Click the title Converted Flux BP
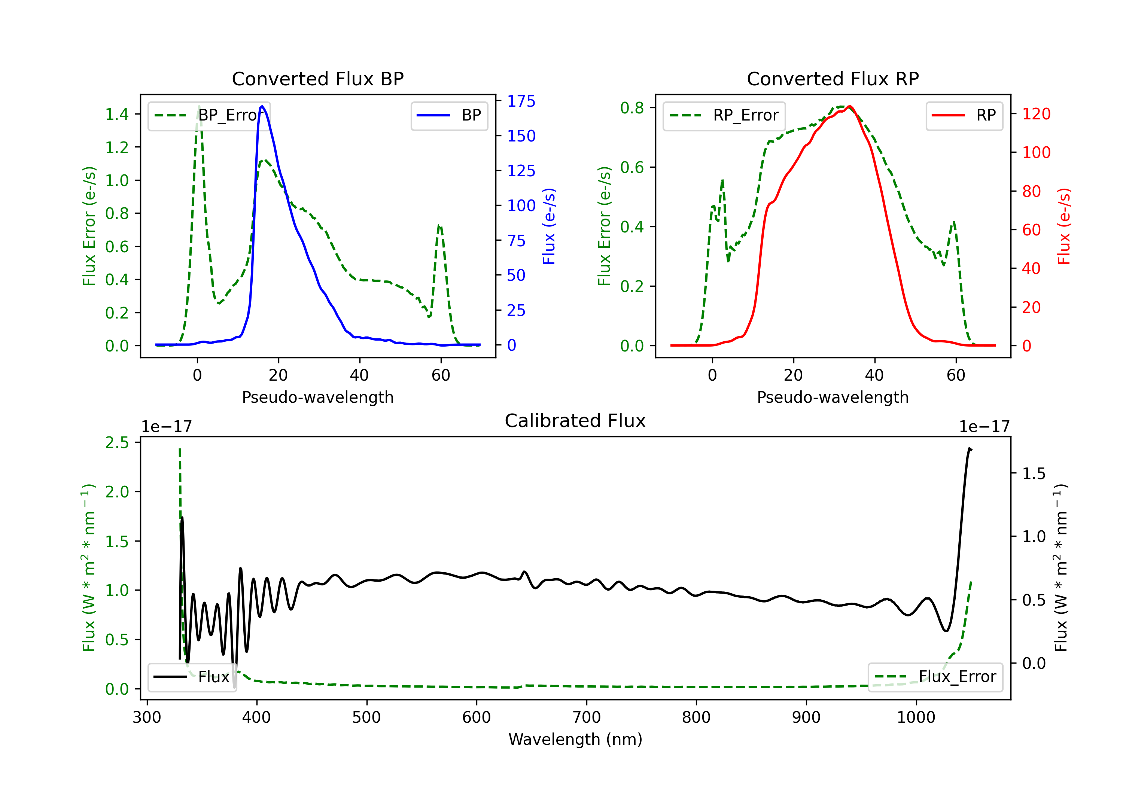click(x=318, y=79)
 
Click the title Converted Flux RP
click(x=833, y=79)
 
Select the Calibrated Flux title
click(x=575, y=421)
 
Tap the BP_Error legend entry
click(x=209, y=115)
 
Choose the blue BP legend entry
click(x=449, y=115)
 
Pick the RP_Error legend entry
click(x=724, y=115)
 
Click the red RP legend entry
click(x=964, y=115)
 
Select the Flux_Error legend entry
click(x=935, y=677)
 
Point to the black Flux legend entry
click(x=192, y=677)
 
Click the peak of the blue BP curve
click(x=262, y=106)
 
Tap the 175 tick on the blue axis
click(x=521, y=101)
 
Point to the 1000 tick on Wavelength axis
click(x=916, y=718)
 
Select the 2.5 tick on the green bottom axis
click(x=117, y=443)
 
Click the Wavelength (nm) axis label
click(x=575, y=740)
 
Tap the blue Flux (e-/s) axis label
click(x=549, y=226)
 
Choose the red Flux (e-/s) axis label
click(x=1064, y=226)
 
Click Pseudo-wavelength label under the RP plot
click(x=833, y=397)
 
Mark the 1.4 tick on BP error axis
click(x=117, y=115)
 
